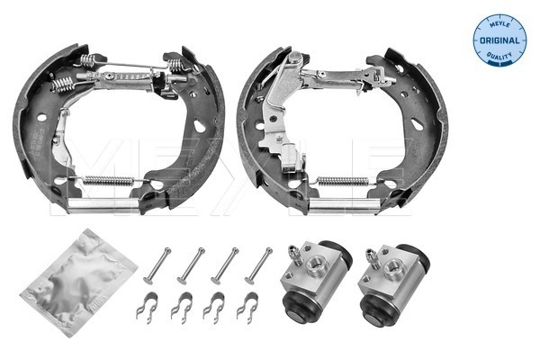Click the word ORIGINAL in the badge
(x=499, y=40)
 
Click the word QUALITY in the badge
(x=499, y=55)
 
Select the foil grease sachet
(x=79, y=283)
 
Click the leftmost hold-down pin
(x=157, y=266)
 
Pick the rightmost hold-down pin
(x=258, y=266)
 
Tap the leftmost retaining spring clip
(x=148, y=308)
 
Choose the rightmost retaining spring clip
(x=247, y=308)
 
